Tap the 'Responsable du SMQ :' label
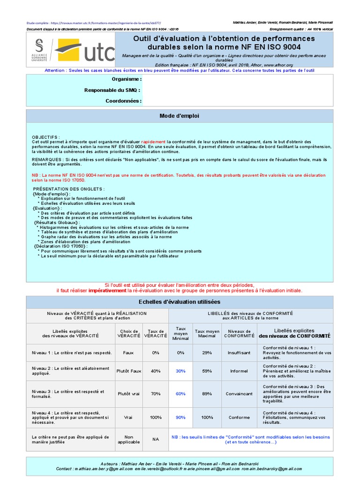pyautogui.click(x=112, y=90)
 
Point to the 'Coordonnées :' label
pyautogui.click(x=122, y=101)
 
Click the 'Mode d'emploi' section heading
pyautogui.click(x=180, y=115)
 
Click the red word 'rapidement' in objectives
pyautogui.click(x=153, y=142)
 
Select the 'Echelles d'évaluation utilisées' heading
pyautogui.click(x=180, y=302)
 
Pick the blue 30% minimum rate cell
pyautogui.click(x=180, y=371)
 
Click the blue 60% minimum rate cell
pyautogui.click(x=180, y=394)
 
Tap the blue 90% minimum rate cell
pyautogui.click(x=180, y=417)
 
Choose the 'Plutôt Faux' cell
pyautogui.click(x=129, y=371)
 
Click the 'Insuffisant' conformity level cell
pyautogui.click(x=239, y=352)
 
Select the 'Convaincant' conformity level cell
pyautogui.click(x=239, y=394)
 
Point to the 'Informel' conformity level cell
pyautogui.click(x=239, y=371)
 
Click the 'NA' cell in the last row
pyautogui.click(x=156, y=439)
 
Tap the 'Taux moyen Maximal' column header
pyautogui.click(x=207, y=333)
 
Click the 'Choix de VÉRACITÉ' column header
pyautogui.click(x=129, y=333)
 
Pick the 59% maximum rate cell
pyautogui.click(x=207, y=371)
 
